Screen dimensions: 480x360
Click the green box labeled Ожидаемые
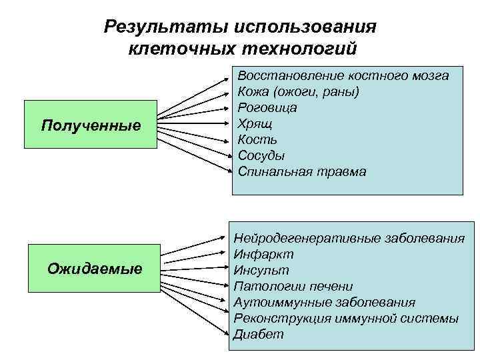coord(95,269)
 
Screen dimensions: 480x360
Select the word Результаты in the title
coord(159,27)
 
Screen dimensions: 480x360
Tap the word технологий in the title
coord(309,49)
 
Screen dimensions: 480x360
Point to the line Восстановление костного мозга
coord(343,75)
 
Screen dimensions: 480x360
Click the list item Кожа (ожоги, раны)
coord(298,91)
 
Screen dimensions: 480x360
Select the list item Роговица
coord(267,107)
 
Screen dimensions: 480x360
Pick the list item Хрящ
coord(255,123)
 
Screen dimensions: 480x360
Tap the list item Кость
coord(257,139)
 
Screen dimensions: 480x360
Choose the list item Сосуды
coord(261,155)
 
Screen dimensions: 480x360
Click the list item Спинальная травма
coord(302,171)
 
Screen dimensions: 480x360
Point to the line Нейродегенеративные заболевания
coord(349,239)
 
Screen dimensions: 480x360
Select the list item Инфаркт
coord(263,255)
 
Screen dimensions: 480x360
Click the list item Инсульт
coord(261,271)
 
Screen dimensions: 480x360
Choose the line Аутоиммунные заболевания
coord(325,303)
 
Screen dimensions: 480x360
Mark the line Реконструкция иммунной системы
coord(346,319)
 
